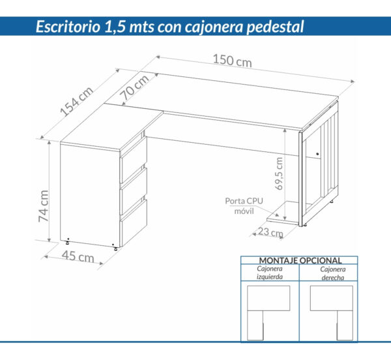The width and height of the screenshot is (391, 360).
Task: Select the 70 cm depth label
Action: pyautogui.click(x=135, y=85)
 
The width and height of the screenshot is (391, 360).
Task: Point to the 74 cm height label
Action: pyautogui.click(x=42, y=206)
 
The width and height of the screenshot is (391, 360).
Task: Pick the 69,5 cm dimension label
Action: pyautogui.click(x=279, y=172)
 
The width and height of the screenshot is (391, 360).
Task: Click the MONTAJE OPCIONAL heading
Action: pyautogui.click(x=299, y=260)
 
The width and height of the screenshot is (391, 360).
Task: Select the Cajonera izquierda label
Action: pyautogui.click(x=270, y=273)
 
